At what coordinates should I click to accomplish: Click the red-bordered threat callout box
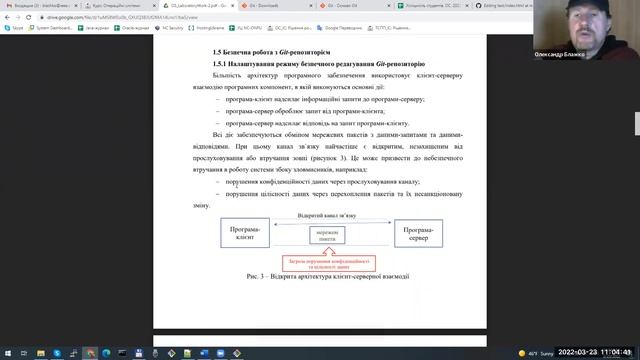click(x=328, y=263)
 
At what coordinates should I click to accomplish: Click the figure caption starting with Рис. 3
click(x=328, y=276)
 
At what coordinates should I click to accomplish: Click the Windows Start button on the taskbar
click(x=8, y=352)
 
